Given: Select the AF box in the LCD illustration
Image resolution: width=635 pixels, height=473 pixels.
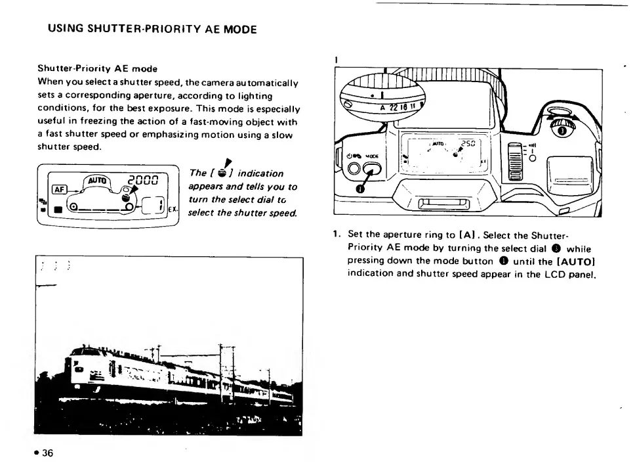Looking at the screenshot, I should click(59, 189).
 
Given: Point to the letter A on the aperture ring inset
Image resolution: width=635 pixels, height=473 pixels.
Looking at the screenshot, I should click(382, 108).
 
